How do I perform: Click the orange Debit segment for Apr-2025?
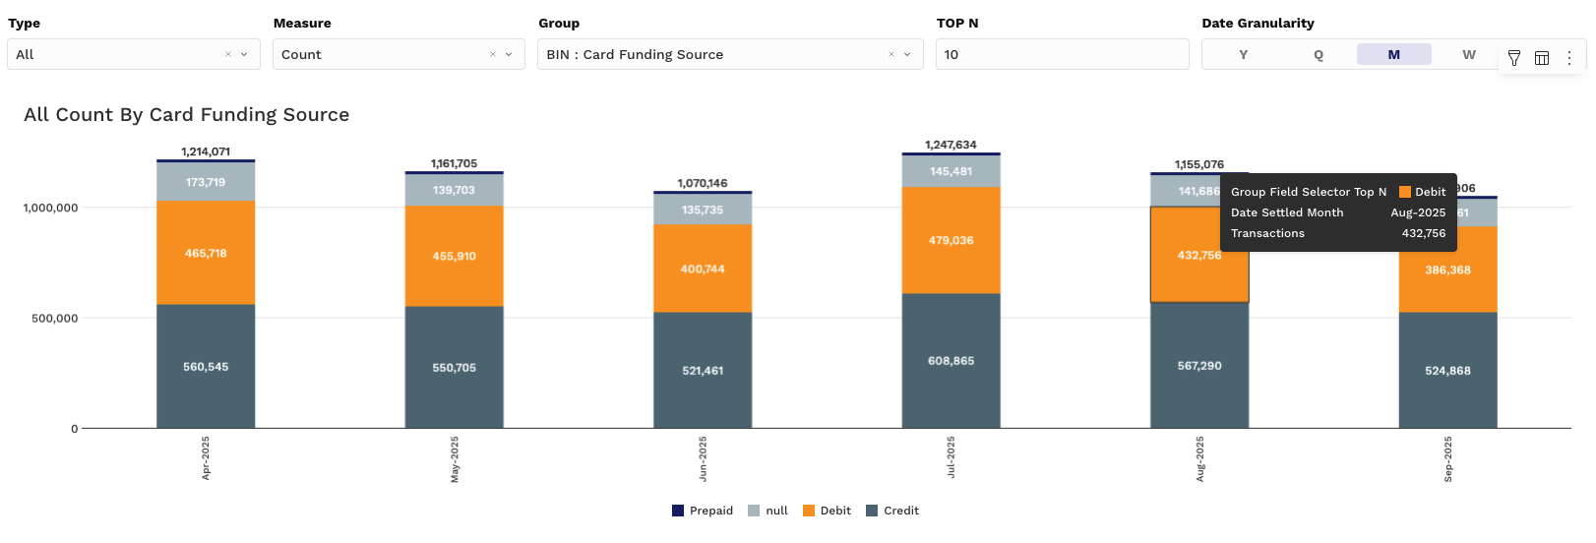[206, 253]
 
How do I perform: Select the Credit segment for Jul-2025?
[951, 361]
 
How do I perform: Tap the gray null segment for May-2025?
[454, 190]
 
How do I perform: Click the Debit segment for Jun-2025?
[703, 269]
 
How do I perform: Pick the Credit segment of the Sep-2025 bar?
[1447, 371]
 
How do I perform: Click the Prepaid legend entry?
[703, 511]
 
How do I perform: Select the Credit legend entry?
[892, 511]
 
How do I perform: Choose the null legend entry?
[768, 511]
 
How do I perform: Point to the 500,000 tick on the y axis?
[54, 319]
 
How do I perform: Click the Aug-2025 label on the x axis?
[1199, 459]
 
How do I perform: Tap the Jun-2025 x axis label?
[703, 459]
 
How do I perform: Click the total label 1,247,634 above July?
[951, 145]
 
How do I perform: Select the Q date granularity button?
[1319, 55]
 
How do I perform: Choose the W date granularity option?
[1468, 55]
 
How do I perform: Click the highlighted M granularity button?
[1393, 55]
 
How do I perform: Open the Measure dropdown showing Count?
[398, 55]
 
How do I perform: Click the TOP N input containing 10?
[1061, 55]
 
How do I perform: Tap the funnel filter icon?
[1514, 58]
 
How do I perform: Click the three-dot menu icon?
[1569, 58]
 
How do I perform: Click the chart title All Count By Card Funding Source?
[187, 115]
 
